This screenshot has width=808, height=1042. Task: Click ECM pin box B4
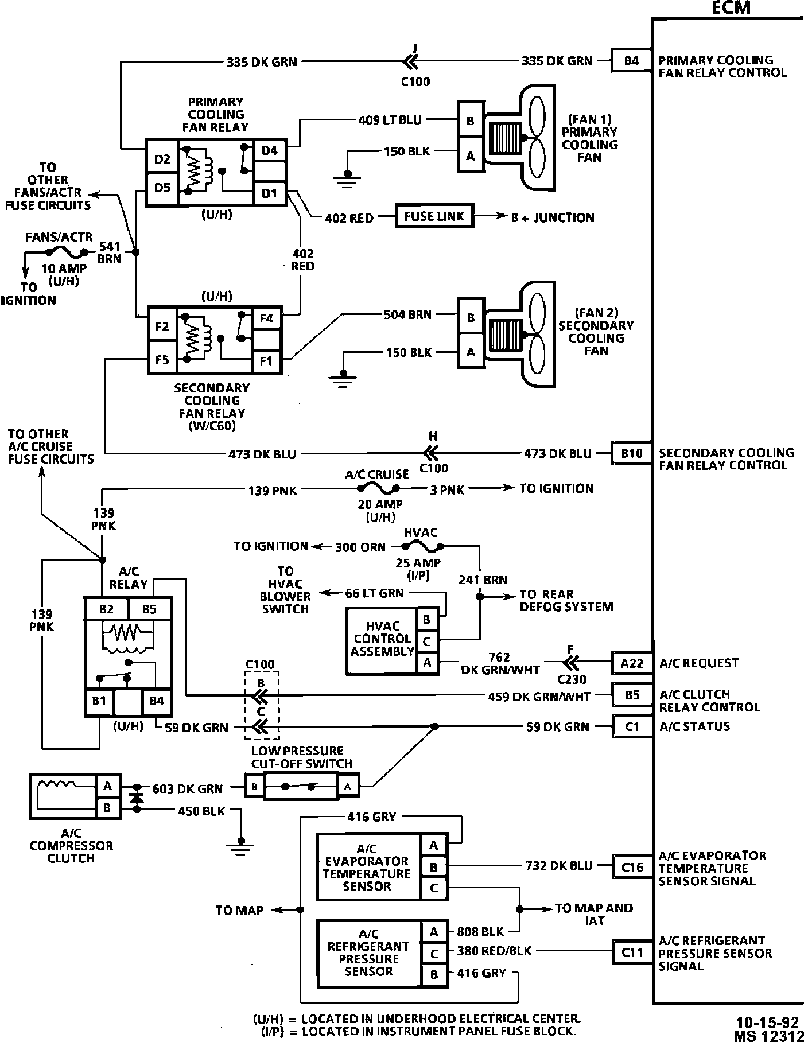(x=631, y=60)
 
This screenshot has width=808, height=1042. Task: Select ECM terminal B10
(x=631, y=453)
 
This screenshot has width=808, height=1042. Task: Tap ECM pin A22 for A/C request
(x=632, y=663)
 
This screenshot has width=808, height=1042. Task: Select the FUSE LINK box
(x=434, y=217)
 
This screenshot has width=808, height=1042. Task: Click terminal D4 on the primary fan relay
(x=269, y=150)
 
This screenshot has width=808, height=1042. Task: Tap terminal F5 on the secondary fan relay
(x=162, y=360)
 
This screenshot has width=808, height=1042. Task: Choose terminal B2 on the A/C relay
(x=106, y=609)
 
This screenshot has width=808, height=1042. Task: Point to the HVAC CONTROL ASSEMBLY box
(x=382, y=639)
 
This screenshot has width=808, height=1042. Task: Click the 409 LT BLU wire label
(x=390, y=120)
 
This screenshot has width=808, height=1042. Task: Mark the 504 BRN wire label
(x=407, y=314)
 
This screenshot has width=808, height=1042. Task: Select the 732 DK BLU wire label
(x=558, y=866)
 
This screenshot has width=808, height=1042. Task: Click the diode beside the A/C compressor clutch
(x=136, y=798)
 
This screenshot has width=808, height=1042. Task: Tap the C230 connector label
(x=572, y=679)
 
